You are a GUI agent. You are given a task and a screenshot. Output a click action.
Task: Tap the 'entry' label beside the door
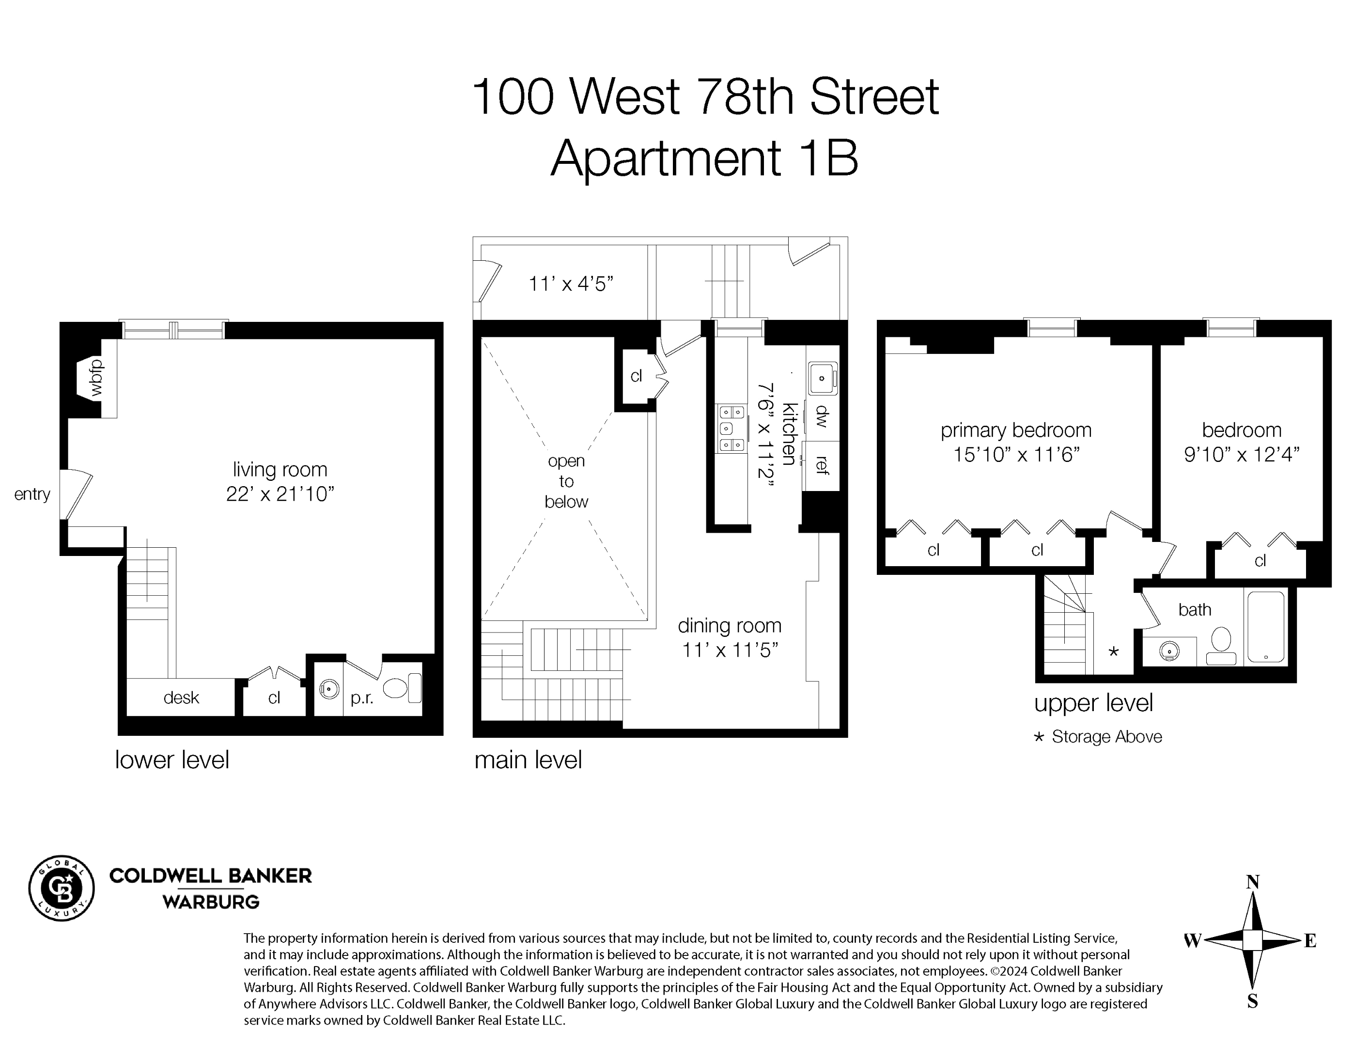(32, 494)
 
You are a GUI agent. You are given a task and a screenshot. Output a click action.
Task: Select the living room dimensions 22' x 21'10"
(280, 494)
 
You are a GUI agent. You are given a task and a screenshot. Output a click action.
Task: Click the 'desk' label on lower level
(181, 698)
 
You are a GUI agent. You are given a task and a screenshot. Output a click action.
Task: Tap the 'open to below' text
(566, 481)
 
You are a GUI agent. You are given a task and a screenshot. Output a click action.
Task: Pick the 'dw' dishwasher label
(823, 416)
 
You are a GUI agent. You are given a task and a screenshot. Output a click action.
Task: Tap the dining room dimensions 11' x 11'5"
(730, 650)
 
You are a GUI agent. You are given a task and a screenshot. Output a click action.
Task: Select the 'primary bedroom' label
(1015, 430)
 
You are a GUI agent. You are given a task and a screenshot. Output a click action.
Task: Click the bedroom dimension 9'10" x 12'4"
(1241, 455)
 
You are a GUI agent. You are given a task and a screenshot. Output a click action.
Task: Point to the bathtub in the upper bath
(1265, 626)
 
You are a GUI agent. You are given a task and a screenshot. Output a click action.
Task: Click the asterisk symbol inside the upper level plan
(1113, 651)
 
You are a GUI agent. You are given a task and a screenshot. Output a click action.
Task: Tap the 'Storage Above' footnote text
(1106, 737)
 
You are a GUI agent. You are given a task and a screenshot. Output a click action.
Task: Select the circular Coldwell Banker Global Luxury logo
(62, 888)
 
